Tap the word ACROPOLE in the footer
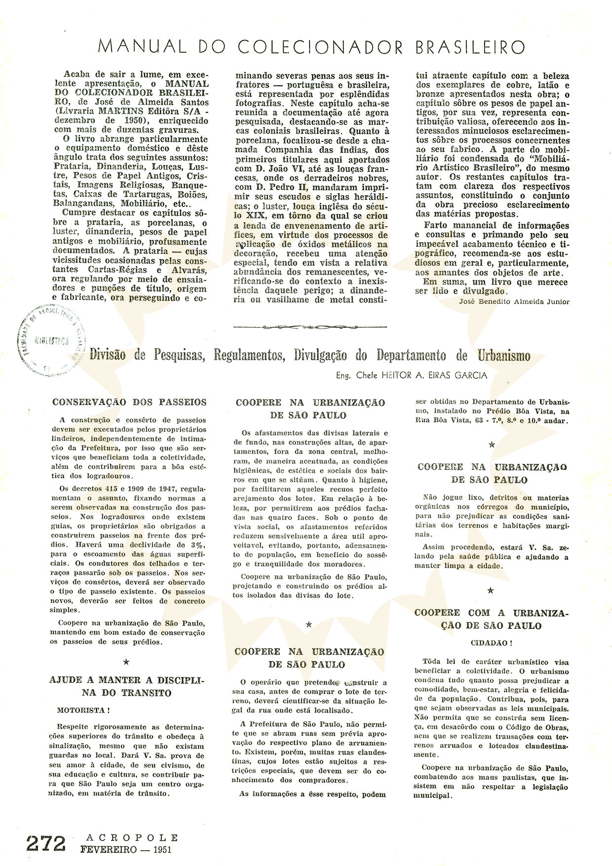tap(129, 838)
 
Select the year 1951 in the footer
tap(163, 848)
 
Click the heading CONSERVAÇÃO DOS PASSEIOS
tap(129, 403)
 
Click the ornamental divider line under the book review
tap(309, 326)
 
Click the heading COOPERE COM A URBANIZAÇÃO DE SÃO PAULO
tap(492, 619)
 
